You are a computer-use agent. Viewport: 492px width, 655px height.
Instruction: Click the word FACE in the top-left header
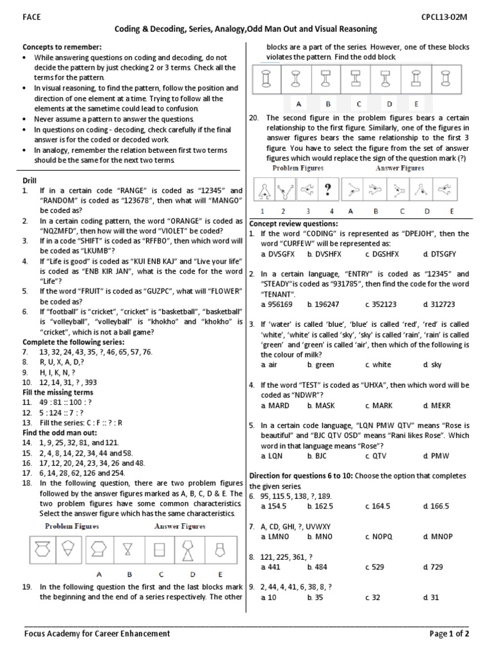[x=32, y=17]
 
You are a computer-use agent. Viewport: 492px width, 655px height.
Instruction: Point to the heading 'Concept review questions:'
[x=293, y=223]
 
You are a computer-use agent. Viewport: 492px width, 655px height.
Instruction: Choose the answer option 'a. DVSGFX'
[x=277, y=254]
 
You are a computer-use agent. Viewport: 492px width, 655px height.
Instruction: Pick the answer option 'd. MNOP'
[x=436, y=536]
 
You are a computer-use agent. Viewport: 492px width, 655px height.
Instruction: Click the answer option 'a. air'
[x=270, y=365]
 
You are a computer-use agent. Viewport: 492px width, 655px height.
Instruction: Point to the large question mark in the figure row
[x=327, y=189]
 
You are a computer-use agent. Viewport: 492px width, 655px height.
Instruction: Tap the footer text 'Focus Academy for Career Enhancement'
[x=97, y=633]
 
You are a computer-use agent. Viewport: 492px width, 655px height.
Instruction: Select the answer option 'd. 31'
[x=430, y=597]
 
